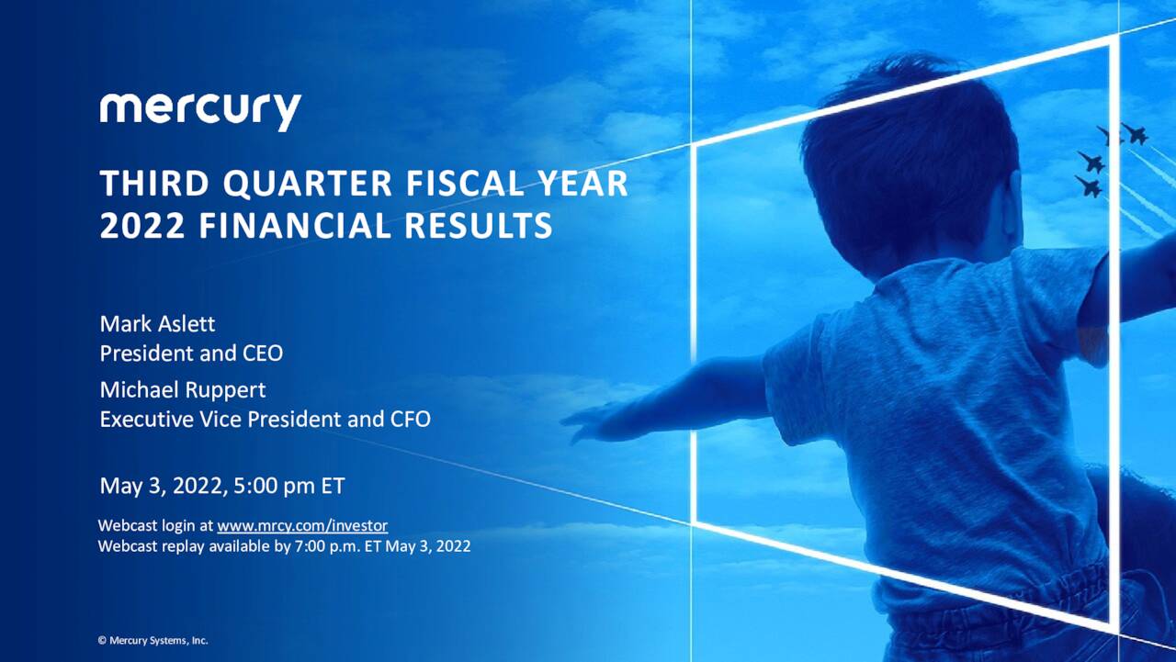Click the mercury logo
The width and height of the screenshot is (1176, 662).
(x=200, y=112)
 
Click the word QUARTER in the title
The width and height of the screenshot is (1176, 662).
(x=308, y=184)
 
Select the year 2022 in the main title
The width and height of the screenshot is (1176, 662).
(x=142, y=226)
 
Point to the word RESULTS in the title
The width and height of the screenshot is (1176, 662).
(x=479, y=226)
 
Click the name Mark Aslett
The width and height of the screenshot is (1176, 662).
(x=157, y=324)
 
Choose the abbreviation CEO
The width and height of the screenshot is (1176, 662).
(x=263, y=353)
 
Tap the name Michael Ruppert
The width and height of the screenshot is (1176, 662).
(x=183, y=389)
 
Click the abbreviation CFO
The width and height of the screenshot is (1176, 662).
(x=410, y=419)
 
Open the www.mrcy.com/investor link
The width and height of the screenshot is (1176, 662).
(x=302, y=525)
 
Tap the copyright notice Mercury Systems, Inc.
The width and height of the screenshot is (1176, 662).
(x=159, y=641)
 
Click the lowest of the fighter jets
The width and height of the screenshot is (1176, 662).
(x=1089, y=186)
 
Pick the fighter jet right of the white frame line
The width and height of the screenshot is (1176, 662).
(x=1135, y=133)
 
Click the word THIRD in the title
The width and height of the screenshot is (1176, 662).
(x=154, y=184)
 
